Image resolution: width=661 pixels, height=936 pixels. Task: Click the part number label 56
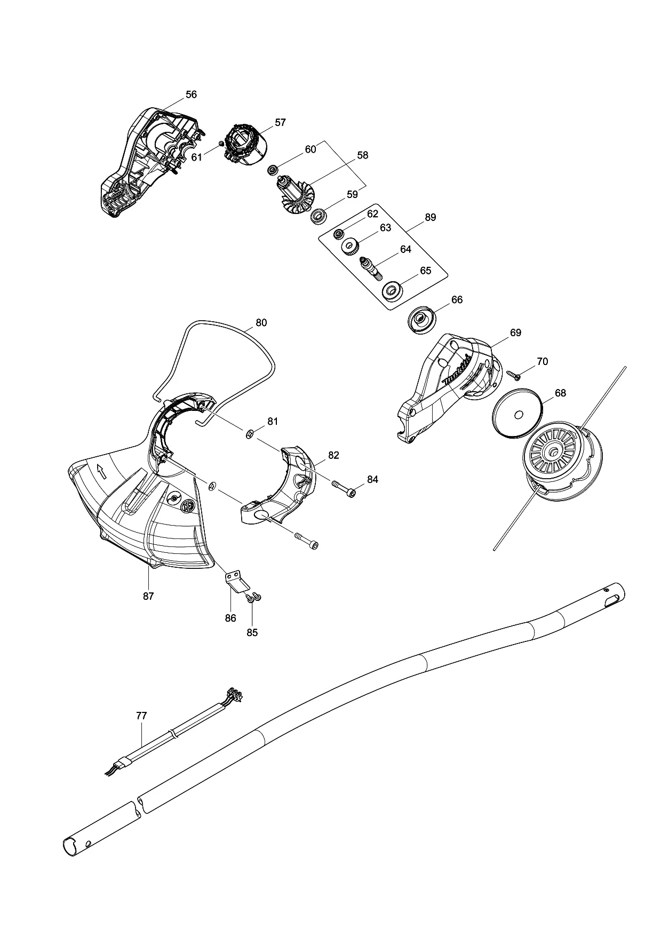pyautogui.click(x=191, y=94)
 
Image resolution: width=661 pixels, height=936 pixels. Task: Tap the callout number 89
pyautogui.click(x=430, y=217)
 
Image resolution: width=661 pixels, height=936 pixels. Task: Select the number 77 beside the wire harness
pyautogui.click(x=141, y=716)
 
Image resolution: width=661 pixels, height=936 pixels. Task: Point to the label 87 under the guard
pyautogui.click(x=148, y=596)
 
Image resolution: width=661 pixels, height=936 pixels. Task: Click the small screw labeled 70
pyautogui.click(x=514, y=375)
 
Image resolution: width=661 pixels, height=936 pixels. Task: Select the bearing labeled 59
pyautogui.click(x=320, y=217)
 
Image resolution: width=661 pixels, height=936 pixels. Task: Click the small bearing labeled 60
pyautogui.click(x=273, y=170)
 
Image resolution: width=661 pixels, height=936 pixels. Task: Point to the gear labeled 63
pyautogui.click(x=351, y=247)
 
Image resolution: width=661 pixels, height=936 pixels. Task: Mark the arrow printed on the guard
pyautogui.click(x=100, y=471)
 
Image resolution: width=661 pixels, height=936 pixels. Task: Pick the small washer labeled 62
pyautogui.click(x=338, y=234)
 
